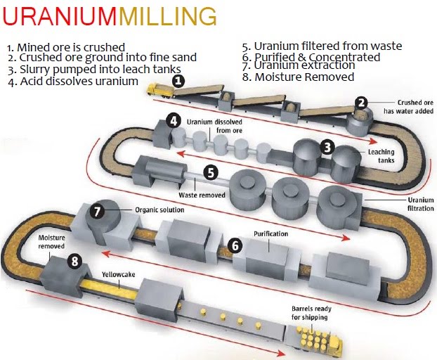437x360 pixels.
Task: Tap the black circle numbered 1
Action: pyautogui.click(x=178, y=81)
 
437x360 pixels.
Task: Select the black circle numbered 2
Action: pyautogui.click(x=361, y=103)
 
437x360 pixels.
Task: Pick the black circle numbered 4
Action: pyautogui.click(x=173, y=120)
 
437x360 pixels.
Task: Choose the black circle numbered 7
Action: pyautogui.click(x=98, y=210)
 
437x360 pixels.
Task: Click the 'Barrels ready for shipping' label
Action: pyautogui.click(x=310, y=313)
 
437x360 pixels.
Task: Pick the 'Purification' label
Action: pyautogui.click(x=270, y=233)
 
